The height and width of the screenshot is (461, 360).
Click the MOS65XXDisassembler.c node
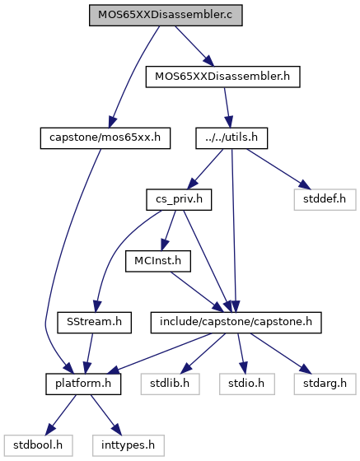[166, 15]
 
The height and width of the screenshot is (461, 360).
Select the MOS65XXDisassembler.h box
[222, 77]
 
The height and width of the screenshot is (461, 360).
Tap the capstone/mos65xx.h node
[105, 138]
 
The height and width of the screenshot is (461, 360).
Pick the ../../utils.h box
[231, 138]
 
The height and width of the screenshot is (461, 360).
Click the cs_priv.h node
[179, 199]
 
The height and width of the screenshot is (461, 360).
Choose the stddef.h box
[325, 199]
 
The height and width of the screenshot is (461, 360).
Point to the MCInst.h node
[158, 261]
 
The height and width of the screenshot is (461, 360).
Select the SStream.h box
[94, 323]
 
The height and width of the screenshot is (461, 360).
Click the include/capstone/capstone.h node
[236, 323]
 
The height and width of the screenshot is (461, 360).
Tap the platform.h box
[83, 384]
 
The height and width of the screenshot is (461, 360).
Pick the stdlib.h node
[170, 384]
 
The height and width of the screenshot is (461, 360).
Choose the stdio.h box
[247, 384]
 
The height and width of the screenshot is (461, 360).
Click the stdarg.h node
[325, 384]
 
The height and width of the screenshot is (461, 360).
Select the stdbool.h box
[38, 445]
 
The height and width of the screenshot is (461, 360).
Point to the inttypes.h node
[129, 445]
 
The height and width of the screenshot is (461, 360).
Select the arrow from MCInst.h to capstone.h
[197, 292]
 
